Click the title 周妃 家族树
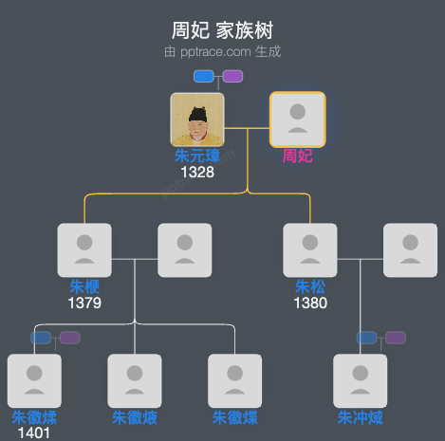222,30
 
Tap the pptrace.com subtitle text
222,52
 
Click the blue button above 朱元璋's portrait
203,76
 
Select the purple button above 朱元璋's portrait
232,76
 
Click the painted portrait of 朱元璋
197,119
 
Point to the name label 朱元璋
197,156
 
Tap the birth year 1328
197,172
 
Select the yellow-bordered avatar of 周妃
298,119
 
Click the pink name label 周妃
298,156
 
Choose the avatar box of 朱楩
84,250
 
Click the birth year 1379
84,303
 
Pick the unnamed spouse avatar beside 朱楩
184,250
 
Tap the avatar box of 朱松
310,250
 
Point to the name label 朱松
310,286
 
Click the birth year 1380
310,303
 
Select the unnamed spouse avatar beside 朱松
410,250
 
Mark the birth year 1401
34,433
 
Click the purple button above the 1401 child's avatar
69,338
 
